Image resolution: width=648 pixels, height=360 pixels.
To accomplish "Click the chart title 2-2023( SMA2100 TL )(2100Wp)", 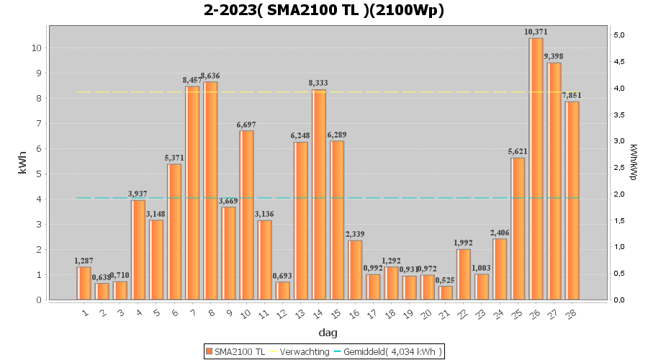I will tap(324, 10).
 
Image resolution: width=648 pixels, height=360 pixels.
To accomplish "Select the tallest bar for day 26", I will tap(536, 168).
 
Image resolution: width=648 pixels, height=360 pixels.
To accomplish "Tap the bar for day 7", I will tap(192, 193).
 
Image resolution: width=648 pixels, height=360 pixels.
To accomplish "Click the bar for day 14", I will tap(319, 194).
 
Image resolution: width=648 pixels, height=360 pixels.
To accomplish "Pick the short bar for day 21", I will tap(446, 292).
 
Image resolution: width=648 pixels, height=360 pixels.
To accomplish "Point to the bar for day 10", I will tap(246, 215).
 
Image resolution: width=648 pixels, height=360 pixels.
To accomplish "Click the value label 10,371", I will tap(536, 32).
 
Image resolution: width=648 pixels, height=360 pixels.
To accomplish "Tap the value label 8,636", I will tap(210, 76).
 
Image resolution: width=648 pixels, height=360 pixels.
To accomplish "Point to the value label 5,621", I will tap(518, 152).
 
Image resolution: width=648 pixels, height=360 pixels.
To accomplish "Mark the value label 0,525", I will tap(446, 280).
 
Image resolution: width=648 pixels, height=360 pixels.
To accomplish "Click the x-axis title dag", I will tap(328, 333).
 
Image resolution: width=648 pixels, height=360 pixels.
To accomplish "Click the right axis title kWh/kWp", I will tap(633, 162).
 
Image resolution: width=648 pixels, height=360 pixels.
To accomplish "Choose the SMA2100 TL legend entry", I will tap(235, 351).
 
